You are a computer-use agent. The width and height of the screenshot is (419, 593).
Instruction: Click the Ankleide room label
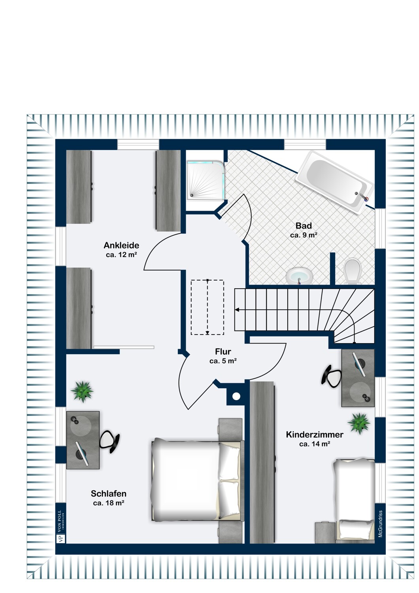pos(121,245)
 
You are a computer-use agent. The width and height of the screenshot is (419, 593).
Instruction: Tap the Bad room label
pos(304,226)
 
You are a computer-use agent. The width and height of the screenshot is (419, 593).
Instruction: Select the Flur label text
pos(223,351)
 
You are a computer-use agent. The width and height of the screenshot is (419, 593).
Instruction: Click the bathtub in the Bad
pos(335,183)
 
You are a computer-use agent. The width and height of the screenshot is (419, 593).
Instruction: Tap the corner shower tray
pos(206,180)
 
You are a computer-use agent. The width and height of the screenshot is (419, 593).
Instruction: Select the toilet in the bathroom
pos(352,271)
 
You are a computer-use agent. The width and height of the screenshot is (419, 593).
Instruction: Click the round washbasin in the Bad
pos(299,275)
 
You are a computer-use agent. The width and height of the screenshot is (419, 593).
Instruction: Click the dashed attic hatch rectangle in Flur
pos(208,307)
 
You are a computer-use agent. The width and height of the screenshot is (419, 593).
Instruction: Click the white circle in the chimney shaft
pos(236,396)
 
